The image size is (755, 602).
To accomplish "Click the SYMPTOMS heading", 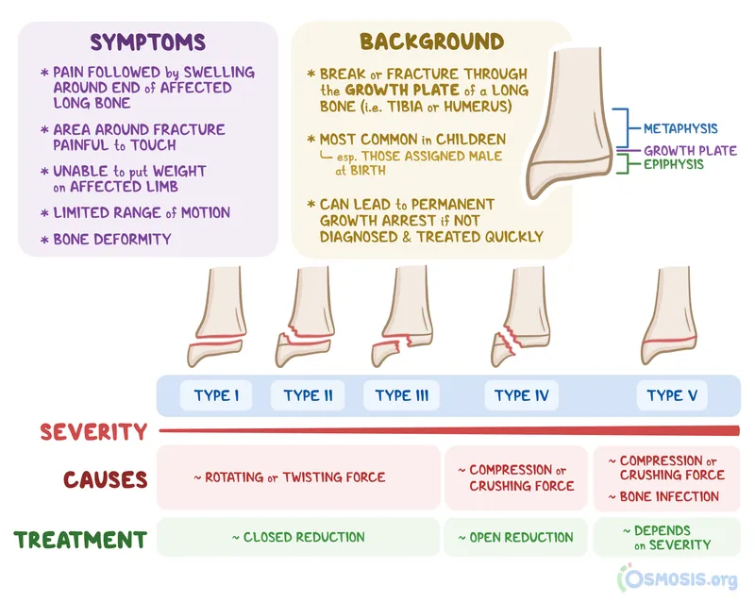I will click(147, 42).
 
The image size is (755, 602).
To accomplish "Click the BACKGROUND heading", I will click(431, 42).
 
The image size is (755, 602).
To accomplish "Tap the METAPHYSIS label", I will click(679, 128).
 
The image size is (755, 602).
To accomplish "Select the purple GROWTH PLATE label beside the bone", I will click(690, 150).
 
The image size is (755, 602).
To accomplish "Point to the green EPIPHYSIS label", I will click(674, 164).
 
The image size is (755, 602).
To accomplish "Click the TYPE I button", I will click(216, 395).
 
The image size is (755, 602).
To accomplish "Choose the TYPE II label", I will click(308, 395).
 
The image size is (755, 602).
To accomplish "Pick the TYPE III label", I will click(401, 395).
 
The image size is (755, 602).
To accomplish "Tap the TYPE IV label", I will click(521, 395).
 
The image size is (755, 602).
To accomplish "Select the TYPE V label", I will click(672, 395).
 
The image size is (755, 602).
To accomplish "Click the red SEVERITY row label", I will click(93, 432).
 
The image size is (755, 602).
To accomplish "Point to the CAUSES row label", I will click(106, 478).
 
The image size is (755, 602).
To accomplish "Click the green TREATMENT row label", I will click(80, 540).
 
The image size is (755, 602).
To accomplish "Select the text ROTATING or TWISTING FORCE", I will click(290, 477).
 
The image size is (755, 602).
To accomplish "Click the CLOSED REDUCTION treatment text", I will click(298, 537).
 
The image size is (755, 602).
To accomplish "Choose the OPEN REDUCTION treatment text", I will click(515, 537).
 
